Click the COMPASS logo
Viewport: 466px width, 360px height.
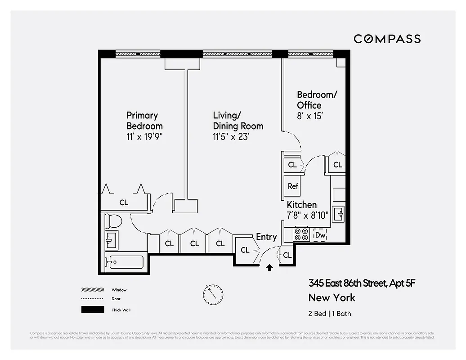click(x=387, y=39)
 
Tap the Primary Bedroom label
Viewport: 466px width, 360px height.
click(x=144, y=121)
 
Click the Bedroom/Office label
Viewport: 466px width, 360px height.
click(x=317, y=100)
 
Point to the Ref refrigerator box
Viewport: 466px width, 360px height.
click(x=293, y=186)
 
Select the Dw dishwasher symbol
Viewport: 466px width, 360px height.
click(x=320, y=235)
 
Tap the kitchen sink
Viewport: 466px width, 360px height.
click(x=339, y=214)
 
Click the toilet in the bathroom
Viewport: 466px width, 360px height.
click(x=113, y=221)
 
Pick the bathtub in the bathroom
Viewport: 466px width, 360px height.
click(x=124, y=262)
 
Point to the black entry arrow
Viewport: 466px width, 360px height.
click(x=269, y=268)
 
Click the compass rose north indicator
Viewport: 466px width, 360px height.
click(x=213, y=294)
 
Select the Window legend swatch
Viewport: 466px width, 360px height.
click(x=93, y=290)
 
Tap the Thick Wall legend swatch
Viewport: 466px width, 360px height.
click(x=93, y=310)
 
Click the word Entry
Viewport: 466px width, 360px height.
click(x=266, y=237)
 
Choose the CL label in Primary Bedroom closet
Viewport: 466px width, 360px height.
click(x=124, y=202)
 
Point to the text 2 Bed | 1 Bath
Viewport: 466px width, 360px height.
click(x=330, y=313)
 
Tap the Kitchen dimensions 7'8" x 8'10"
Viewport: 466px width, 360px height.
click(x=308, y=215)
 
